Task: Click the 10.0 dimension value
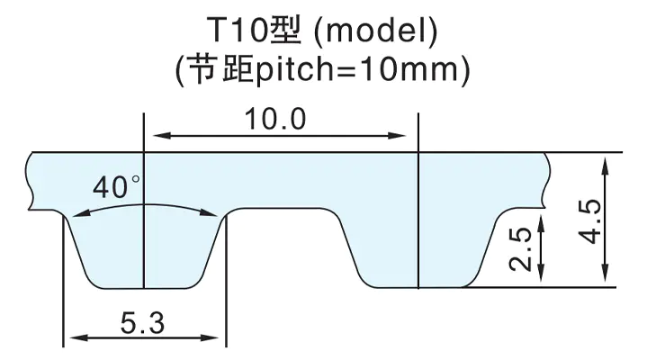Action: coord(275,120)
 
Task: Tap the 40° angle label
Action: coord(116,186)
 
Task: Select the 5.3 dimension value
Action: coord(142,323)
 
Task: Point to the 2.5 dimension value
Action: coord(520,249)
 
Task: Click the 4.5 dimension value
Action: coord(589,221)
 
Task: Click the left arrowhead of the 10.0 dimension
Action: coord(162,135)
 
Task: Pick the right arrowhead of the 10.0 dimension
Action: coord(398,135)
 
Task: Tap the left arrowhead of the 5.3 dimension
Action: coord(79,337)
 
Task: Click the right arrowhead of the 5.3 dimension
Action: coord(209,337)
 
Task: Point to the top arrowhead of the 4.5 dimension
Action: coord(606,166)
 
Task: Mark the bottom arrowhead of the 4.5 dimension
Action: coord(606,273)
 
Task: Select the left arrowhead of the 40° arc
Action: coord(81,213)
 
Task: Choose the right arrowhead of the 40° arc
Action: coord(208,212)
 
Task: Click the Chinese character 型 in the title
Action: coord(286,31)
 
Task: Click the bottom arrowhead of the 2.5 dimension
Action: coord(541,273)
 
